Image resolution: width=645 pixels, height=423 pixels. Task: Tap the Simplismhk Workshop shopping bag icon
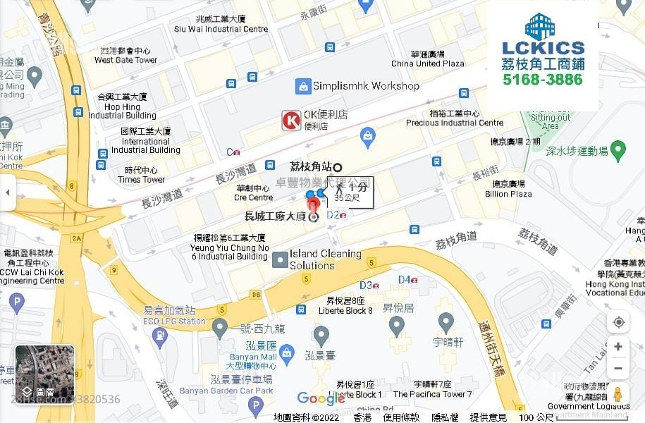[x=303, y=86]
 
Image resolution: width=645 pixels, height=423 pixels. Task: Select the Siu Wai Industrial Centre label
[x=221, y=25]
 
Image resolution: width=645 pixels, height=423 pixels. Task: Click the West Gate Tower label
[x=125, y=56]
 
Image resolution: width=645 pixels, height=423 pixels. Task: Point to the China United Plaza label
[x=428, y=59]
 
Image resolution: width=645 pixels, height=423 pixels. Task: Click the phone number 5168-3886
[x=543, y=80]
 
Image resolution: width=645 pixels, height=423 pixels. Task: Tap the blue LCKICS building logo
[x=543, y=26]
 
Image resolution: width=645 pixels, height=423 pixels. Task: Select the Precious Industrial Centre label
[x=455, y=118]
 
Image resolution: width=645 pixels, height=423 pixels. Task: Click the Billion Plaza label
[x=508, y=189]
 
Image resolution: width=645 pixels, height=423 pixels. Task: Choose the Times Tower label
[x=141, y=175]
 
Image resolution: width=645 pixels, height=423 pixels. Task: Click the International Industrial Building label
[x=145, y=141]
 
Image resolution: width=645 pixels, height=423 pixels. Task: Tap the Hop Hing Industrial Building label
[x=122, y=106]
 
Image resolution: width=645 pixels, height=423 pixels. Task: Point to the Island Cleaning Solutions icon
[x=279, y=259]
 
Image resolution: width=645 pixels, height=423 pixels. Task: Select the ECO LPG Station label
[x=174, y=316]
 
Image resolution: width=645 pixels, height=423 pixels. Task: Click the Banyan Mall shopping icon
[x=286, y=351]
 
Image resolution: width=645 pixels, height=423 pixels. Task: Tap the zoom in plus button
[x=618, y=346]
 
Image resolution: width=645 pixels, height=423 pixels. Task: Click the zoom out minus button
[x=618, y=368]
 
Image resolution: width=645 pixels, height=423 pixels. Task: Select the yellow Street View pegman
[x=618, y=395]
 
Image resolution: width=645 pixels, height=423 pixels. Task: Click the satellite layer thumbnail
[x=44, y=372]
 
